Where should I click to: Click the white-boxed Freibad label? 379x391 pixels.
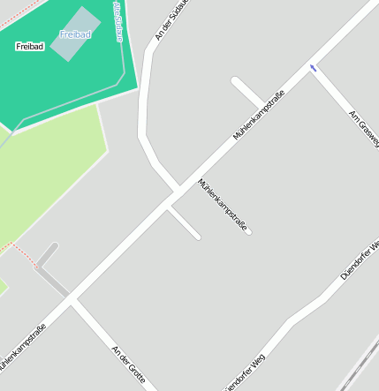click(x=30, y=46)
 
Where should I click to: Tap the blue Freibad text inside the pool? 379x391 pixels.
click(x=75, y=34)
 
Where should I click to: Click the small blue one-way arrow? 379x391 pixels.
click(x=312, y=68)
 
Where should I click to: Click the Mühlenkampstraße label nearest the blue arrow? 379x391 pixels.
click(x=259, y=116)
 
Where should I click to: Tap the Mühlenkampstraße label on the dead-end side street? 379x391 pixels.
click(x=223, y=206)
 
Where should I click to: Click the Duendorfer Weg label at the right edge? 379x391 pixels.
click(x=360, y=258)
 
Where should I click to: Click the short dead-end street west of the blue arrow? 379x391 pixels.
click(x=247, y=91)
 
